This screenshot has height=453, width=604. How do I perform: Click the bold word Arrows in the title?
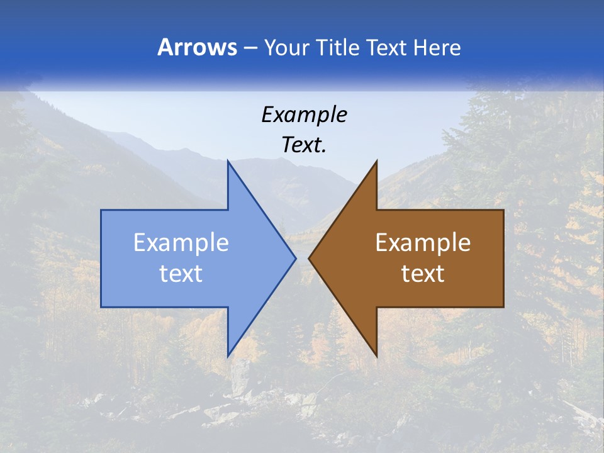pos(196,47)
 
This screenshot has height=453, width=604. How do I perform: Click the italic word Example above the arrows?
pos(304,115)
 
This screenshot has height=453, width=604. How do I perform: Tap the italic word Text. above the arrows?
pos(304,145)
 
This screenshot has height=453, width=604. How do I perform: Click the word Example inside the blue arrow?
pos(181,243)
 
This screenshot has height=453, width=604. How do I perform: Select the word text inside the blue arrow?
pos(181,274)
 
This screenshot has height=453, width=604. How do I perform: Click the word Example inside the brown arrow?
pos(423,243)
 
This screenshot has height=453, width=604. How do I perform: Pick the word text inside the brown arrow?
pos(423,274)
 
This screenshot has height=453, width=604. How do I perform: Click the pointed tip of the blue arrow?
pos(295,258)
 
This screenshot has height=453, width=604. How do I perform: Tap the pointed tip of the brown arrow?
pos(309,258)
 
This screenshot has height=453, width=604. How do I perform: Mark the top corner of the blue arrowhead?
pos(228,162)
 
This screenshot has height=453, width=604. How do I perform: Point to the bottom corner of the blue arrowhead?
pos(228,355)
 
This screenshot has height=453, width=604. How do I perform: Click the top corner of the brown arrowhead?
pos(376,162)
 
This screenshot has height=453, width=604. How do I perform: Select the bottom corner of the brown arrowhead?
pos(376,355)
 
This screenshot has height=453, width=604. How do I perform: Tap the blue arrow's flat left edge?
pos(101,258)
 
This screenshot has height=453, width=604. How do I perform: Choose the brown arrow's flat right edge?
pos(503,258)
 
